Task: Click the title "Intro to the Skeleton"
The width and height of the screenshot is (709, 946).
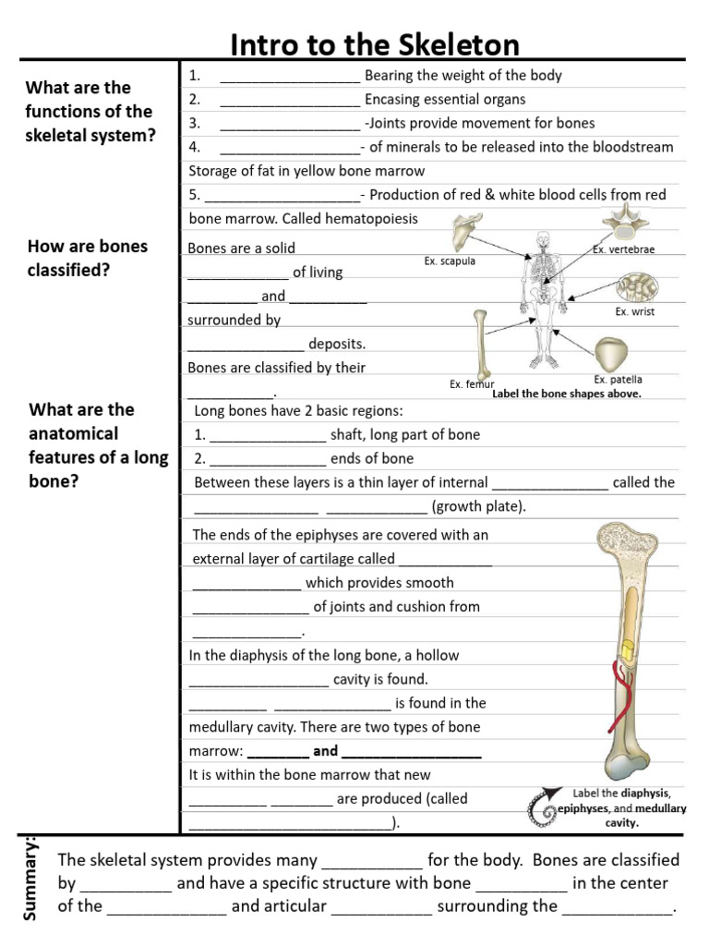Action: [374, 44]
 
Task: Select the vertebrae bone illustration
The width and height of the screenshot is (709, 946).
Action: [620, 223]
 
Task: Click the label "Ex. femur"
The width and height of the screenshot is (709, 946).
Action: [472, 384]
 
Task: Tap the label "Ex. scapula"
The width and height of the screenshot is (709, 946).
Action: [450, 261]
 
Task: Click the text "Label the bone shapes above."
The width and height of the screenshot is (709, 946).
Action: [566, 394]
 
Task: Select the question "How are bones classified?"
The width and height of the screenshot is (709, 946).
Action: [88, 259]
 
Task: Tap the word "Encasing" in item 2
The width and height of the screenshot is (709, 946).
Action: [393, 99]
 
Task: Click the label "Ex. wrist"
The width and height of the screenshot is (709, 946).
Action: [634, 312]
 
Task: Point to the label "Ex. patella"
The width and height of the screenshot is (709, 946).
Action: [618, 380]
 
